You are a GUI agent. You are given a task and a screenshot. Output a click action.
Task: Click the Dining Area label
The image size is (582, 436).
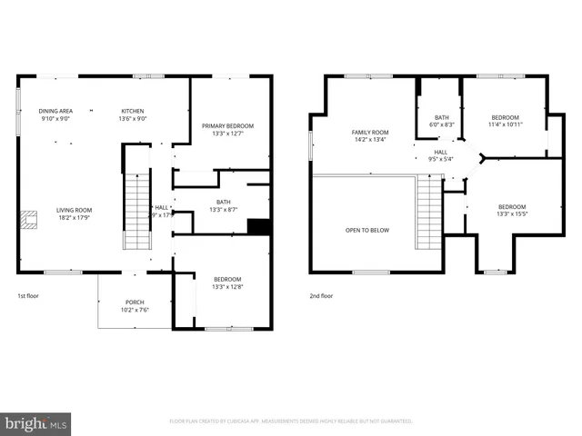[55, 111]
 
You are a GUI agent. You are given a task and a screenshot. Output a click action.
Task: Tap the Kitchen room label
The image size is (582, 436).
[134, 111]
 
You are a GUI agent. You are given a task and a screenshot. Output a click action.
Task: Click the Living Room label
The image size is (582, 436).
[74, 210]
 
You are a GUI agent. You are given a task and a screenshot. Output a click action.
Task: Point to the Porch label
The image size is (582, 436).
[135, 302]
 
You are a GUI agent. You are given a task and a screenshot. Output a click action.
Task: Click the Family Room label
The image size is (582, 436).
[370, 132]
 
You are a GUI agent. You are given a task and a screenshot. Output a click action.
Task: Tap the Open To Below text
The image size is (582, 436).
[366, 230]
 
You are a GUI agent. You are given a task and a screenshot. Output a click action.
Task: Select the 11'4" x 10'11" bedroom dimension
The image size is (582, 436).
[505, 124]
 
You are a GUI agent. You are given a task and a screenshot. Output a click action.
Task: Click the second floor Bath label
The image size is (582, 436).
[442, 117]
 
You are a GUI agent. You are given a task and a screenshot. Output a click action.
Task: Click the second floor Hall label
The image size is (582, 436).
[440, 152]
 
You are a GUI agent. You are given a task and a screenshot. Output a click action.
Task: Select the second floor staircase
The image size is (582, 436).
[428, 213]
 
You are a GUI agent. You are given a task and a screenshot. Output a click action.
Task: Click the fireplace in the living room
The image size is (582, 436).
[30, 218]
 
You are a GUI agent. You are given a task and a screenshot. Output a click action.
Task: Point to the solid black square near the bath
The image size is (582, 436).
[259, 227]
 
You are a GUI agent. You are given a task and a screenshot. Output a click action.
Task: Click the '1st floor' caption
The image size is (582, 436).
[28, 295]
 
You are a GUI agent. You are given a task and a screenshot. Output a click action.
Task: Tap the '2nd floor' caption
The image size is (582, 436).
[321, 295]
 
